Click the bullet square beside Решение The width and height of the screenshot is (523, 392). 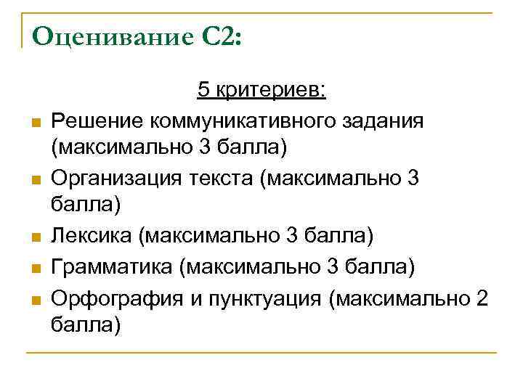34,121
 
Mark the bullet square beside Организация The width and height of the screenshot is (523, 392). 34,179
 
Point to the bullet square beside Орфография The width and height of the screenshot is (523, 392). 34,298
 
